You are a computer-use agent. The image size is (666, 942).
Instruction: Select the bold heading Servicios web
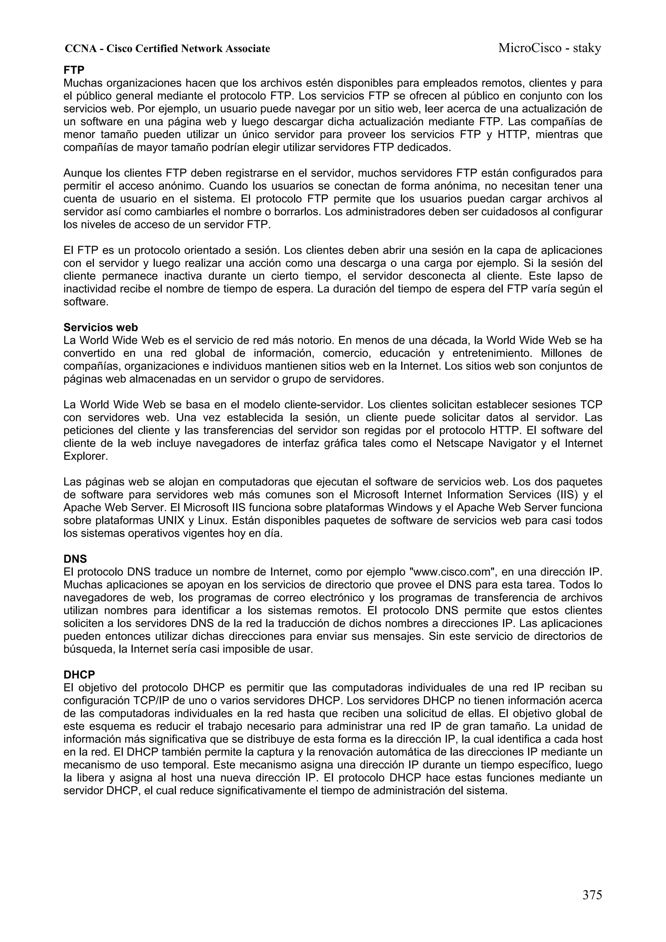(x=100, y=327)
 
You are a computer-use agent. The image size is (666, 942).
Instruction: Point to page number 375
(x=592, y=895)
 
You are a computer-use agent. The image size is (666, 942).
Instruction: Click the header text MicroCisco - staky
(x=550, y=48)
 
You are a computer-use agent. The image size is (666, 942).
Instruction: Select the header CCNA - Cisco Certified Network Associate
(x=167, y=49)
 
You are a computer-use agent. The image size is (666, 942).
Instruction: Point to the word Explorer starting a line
(x=85, y=456)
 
